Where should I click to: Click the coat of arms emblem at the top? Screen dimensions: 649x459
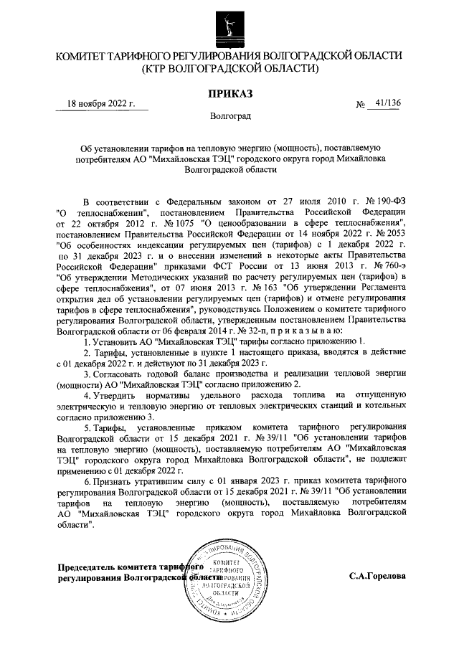(229, 24)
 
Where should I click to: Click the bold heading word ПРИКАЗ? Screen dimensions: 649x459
(229, 93)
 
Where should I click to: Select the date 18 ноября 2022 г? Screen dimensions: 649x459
(101, 103)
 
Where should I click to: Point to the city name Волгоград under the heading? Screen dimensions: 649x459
(229, 115)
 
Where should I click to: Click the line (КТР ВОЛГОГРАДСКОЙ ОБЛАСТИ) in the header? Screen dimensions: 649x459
(229, 68)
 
